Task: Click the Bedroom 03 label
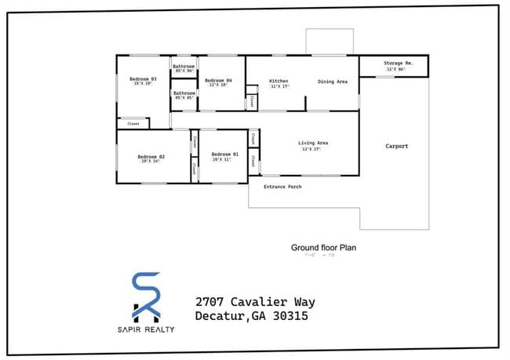[144, 78]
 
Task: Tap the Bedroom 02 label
[151, 157]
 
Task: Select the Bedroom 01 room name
[224, 155]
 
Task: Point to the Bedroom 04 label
[218, 81]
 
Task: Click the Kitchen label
[279, 81]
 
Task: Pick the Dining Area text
[333, 81]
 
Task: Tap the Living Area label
[312, 143]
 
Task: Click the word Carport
[396, 146]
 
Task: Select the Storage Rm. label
[399, 63]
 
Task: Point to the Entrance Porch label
[282, 187]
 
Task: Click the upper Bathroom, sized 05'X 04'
[184, 67]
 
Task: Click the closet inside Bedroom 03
[133, 123]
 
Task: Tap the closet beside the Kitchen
[251, 102]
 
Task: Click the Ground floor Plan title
[324, 247]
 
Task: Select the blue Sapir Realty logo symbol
[148, 296]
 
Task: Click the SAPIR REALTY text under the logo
[148, 329]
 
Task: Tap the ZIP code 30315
[288, 317]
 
